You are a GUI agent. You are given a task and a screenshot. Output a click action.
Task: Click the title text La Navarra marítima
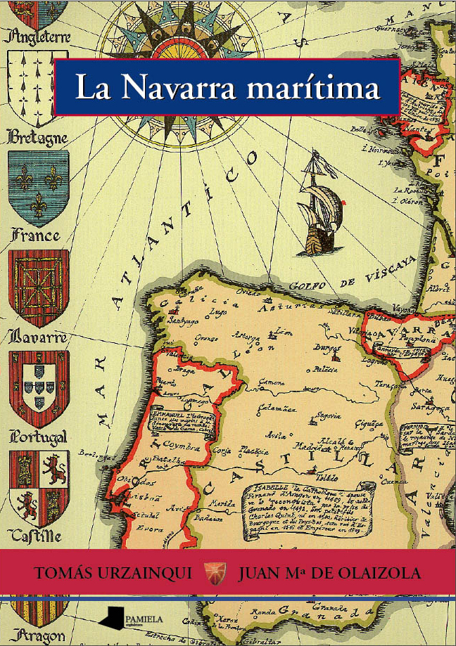point(227,88)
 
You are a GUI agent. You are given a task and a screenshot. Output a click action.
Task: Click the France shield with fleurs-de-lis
point(38,186)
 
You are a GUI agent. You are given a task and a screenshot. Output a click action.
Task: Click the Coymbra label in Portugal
point(181,446)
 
